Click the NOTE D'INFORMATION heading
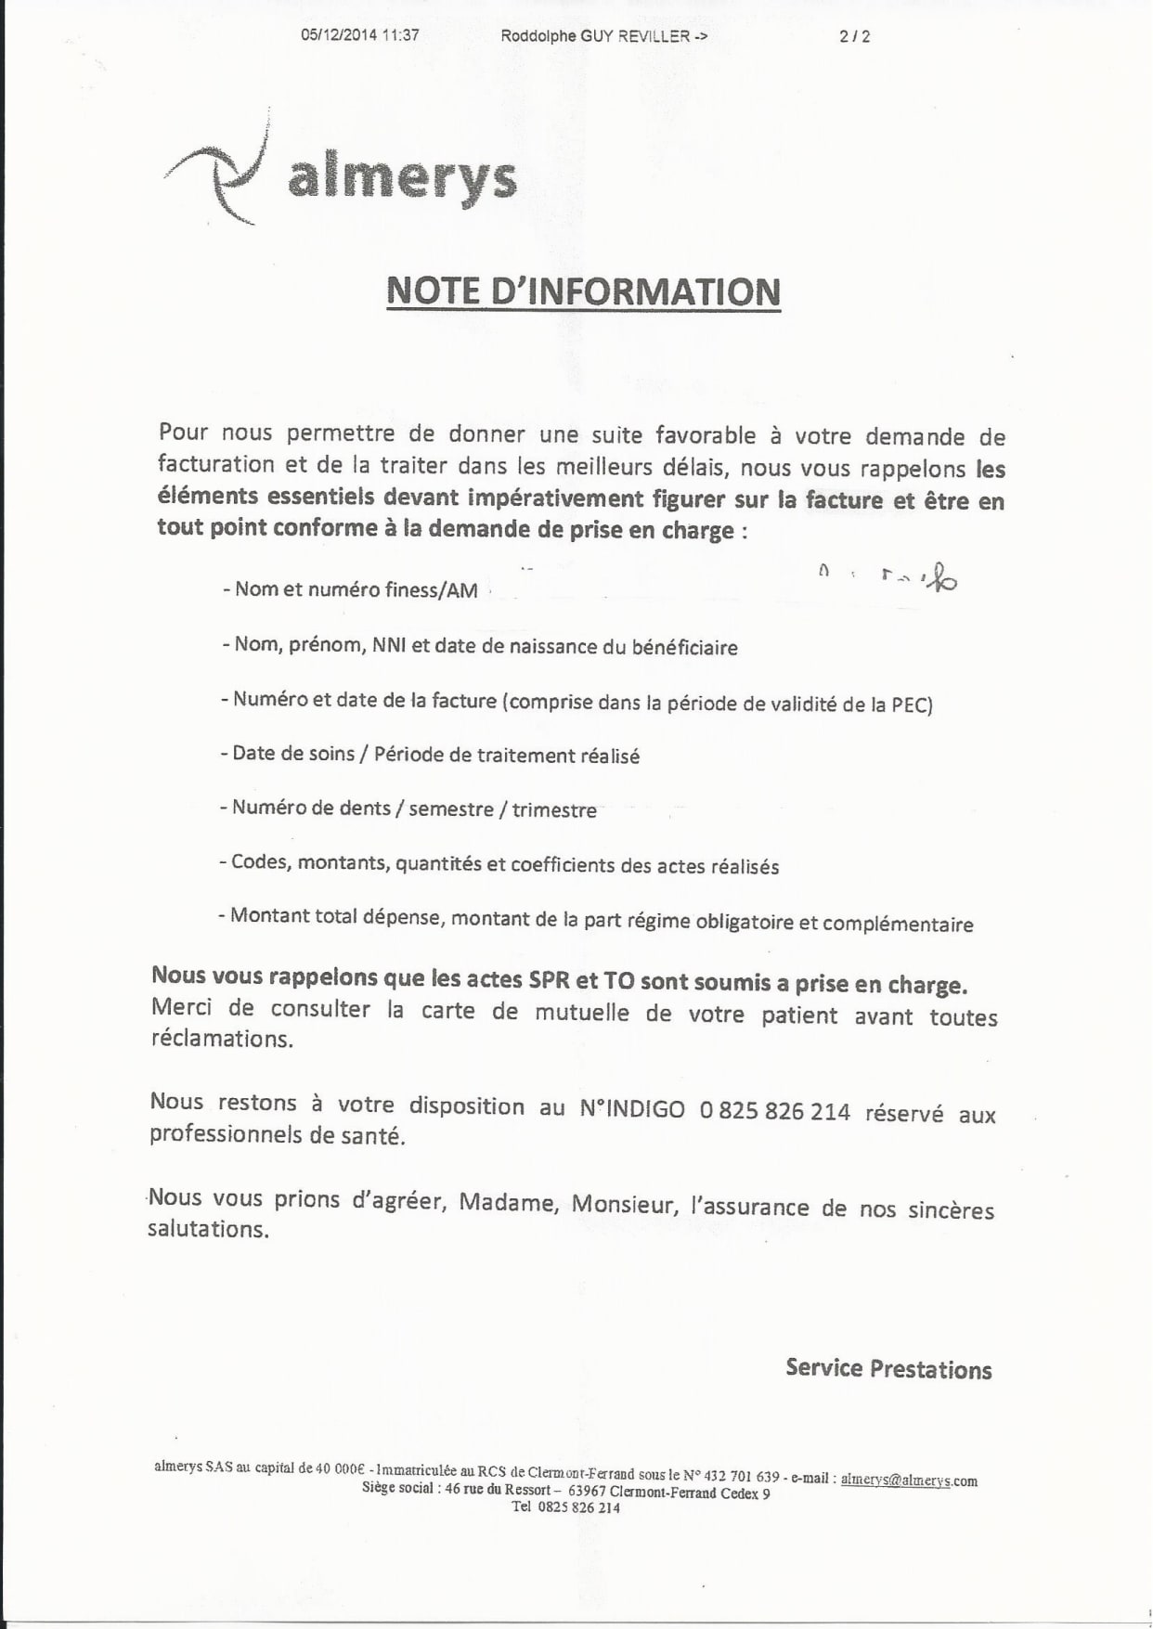point(583,291)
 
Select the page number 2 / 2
point(854,36)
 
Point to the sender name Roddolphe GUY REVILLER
point(594,36)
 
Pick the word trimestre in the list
point(554,809)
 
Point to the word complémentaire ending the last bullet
point(898,924)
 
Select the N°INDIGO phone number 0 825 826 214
point(775,1110)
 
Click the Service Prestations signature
point(888,1369)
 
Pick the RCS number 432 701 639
point(742,1475)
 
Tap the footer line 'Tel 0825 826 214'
point(565,1507)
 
